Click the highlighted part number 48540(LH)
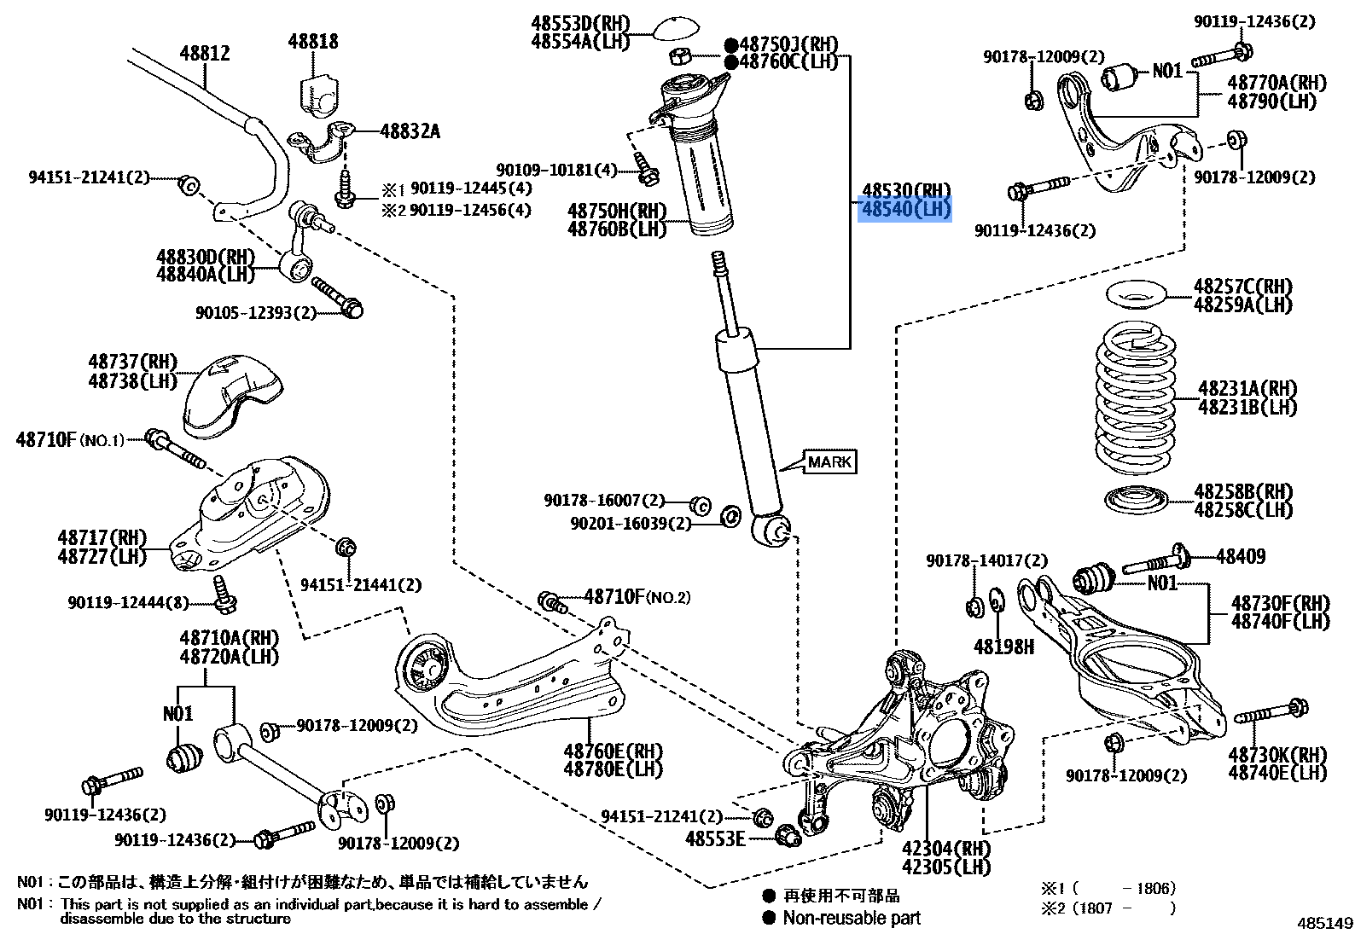click(904, 209)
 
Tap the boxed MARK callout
click(829, 461)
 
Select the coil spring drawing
click(1135, 401)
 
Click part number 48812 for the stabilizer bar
click(205, 53)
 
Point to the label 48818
click(312, 41)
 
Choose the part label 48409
click(1241, 556)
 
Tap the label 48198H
click(1003, 647)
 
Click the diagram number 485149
click(1325, 923)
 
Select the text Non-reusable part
click(852, 918)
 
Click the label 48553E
click(715, 838)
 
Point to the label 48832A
click(410, 131)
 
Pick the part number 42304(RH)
click(946, 848)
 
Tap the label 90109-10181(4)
click(556, 170)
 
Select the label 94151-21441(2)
click(361, 584)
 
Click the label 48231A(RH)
click(1247, 389)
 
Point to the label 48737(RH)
click(132, 362)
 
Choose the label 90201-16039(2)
click(631, 523)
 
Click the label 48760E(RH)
click(613, 751)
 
